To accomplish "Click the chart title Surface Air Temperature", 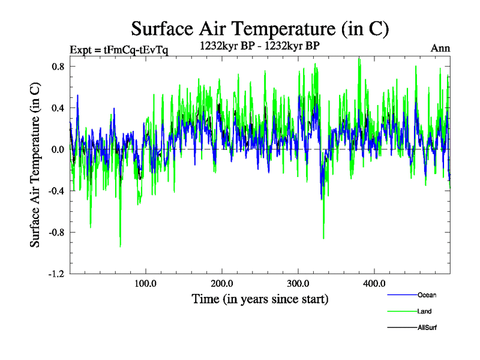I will point(260,29).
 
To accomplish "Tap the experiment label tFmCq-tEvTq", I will point(119,49).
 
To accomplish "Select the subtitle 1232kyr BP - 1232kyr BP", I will point(260,44).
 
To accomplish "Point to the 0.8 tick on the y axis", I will point(58,67).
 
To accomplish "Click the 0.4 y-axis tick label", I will point(58,108).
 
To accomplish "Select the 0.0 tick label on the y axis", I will point(58,149).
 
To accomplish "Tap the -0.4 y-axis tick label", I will point(56,191).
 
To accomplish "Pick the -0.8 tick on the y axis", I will point(56,232).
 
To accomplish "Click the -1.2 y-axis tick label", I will point(56,274).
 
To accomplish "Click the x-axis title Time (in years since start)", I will point(260,298).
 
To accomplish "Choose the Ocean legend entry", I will point(427,295).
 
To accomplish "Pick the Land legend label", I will point(424,311).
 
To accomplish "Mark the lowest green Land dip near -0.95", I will point(120,245).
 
